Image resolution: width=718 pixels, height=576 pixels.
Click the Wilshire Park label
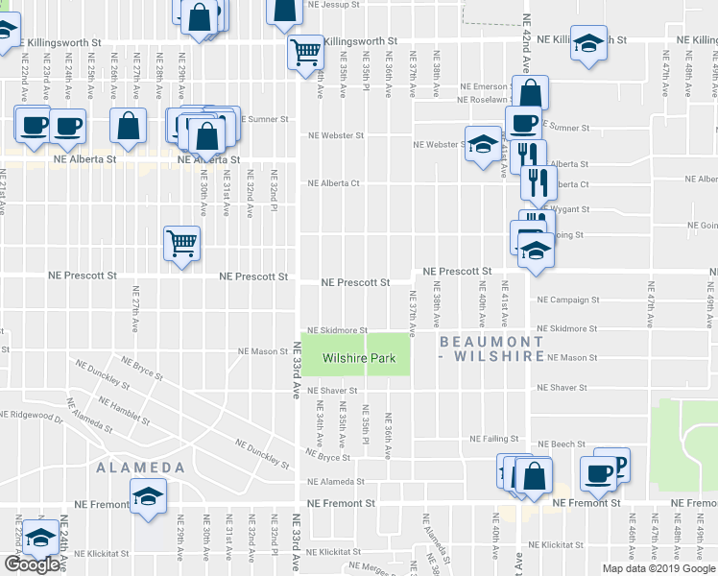(356, 357)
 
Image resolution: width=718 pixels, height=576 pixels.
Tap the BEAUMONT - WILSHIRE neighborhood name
(491, 348)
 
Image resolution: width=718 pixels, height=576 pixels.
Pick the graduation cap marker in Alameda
(149, 497)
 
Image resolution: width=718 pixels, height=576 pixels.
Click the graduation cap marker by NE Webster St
(483, 144)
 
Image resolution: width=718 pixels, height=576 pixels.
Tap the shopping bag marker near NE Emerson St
(531, 93)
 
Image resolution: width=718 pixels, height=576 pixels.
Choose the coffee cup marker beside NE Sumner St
(523, 123)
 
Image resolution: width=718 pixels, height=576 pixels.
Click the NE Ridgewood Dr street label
(31, 415)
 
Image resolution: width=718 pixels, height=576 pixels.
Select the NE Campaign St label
(568, 300)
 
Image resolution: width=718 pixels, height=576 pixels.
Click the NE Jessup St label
(332, 5)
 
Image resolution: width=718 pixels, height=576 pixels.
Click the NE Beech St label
(555, 444)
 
